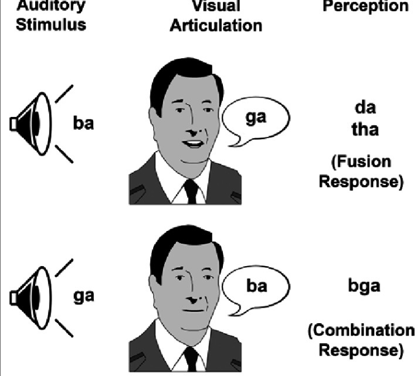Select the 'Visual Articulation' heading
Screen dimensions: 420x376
pyautogui.click(x=216, y=16)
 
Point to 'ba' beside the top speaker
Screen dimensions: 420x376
pyautogui.click(x=83, y=124)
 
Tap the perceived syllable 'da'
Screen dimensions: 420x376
pyautogui.click(x=365, y=109)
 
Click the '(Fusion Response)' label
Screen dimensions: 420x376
pyautogui.click(x=361, y=172)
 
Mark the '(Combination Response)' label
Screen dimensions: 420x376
pyautogui.click(x=361, y=340)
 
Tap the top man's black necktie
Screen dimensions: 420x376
pyautogui.click(x=190, y=191)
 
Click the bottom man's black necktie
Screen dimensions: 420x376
pyautogui.click(x=190, y=359)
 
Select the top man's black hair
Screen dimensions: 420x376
pyautogui.click(x=176, y=76)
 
